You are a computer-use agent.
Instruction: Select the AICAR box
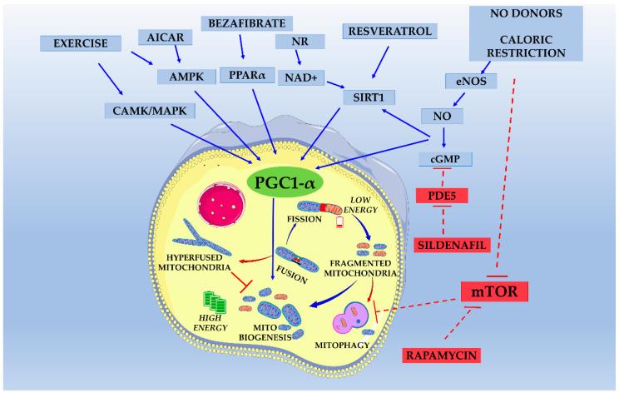click(165, 37)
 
